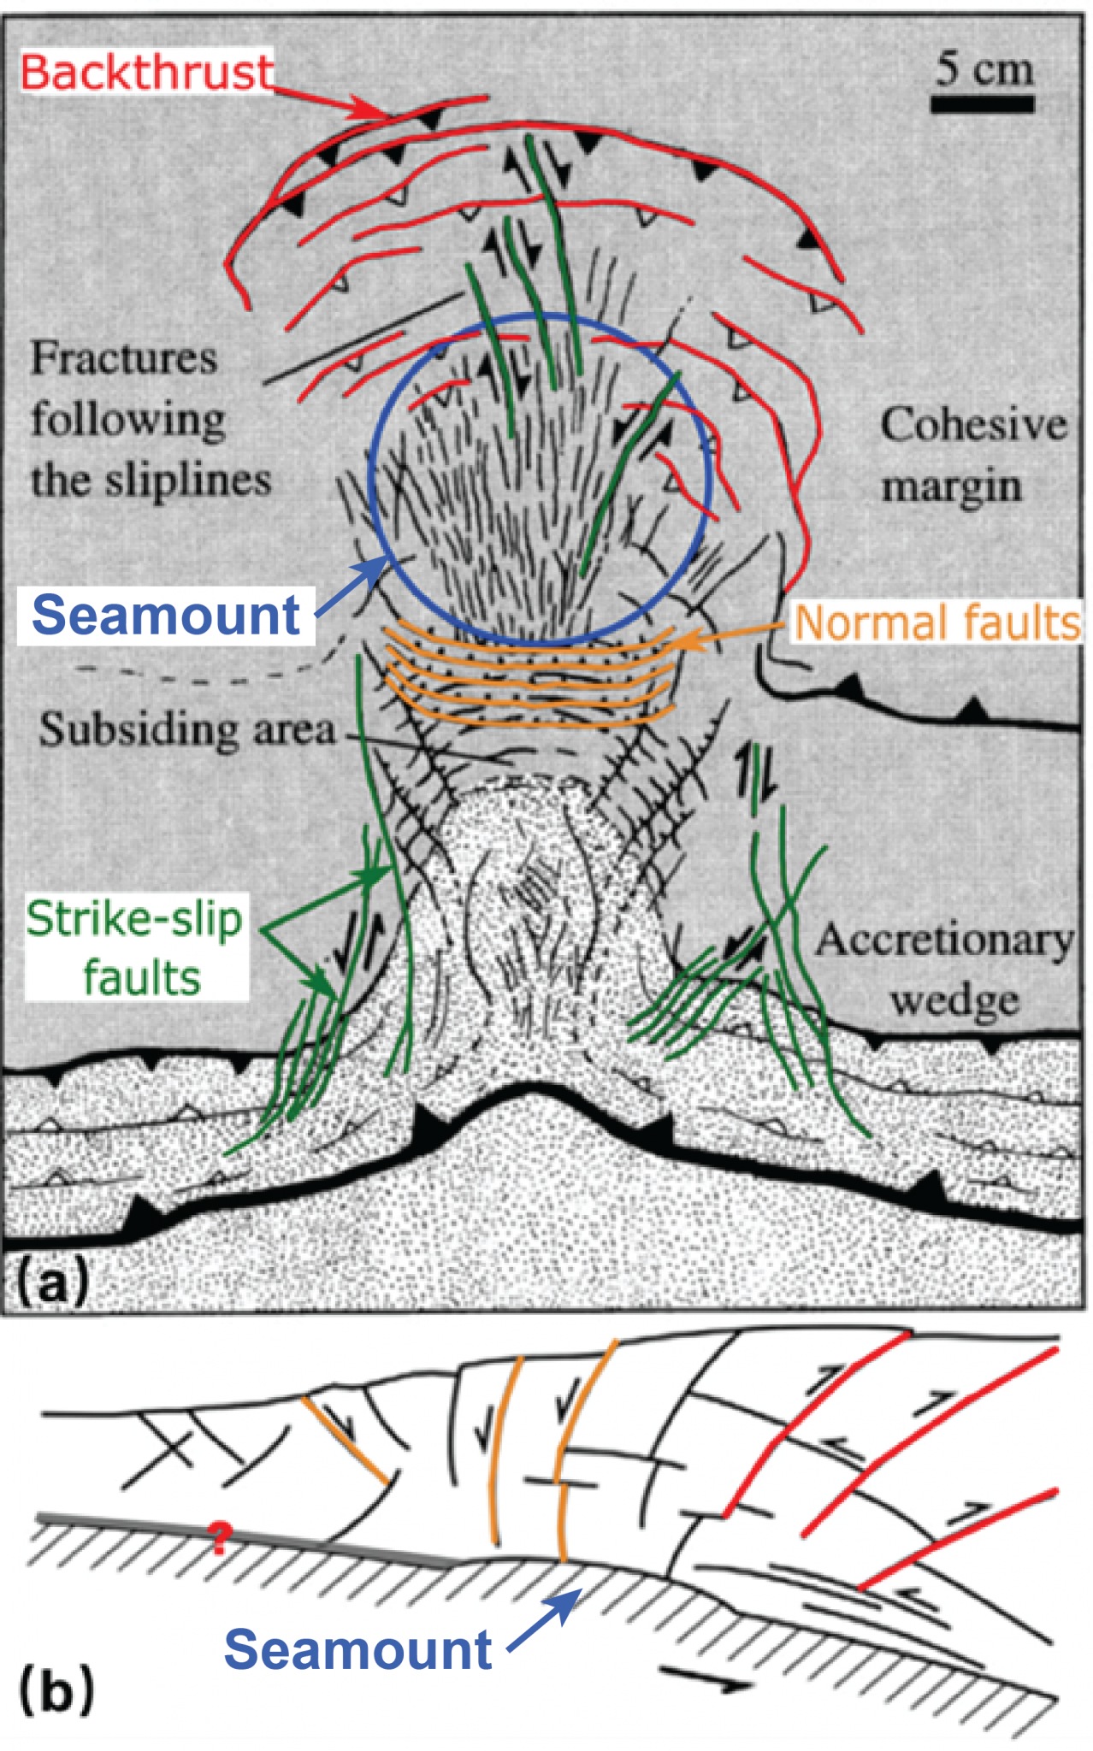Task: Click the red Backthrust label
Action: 146,72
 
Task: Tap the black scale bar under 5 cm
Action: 983,105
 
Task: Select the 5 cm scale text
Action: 984,68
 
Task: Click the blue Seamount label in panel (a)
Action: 166,615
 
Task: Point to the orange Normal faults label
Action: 937,622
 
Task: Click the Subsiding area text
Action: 187,730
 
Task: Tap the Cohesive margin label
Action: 973,455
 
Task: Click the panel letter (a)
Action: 52,1282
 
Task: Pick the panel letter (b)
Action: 56,1690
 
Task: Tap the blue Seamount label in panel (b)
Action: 357,1649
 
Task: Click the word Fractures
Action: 124,358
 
